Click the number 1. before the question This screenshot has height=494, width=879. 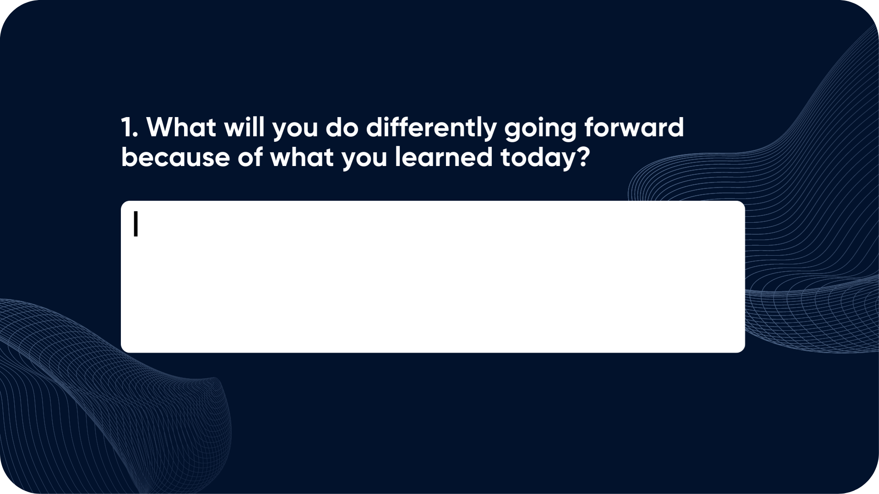coord(130,127)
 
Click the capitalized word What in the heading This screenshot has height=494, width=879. coord(181,127)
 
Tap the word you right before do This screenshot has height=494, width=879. coord(295,130)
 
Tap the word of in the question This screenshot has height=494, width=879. coord(250,157)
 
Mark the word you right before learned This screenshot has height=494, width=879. coord(365,160)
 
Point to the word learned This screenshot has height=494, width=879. coord(444,157)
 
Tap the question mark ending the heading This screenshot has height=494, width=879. coord(583,157)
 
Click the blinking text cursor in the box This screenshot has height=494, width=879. coord(136,224)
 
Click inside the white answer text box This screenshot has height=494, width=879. coord(433,277)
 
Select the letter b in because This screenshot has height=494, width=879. coord(130,157)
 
